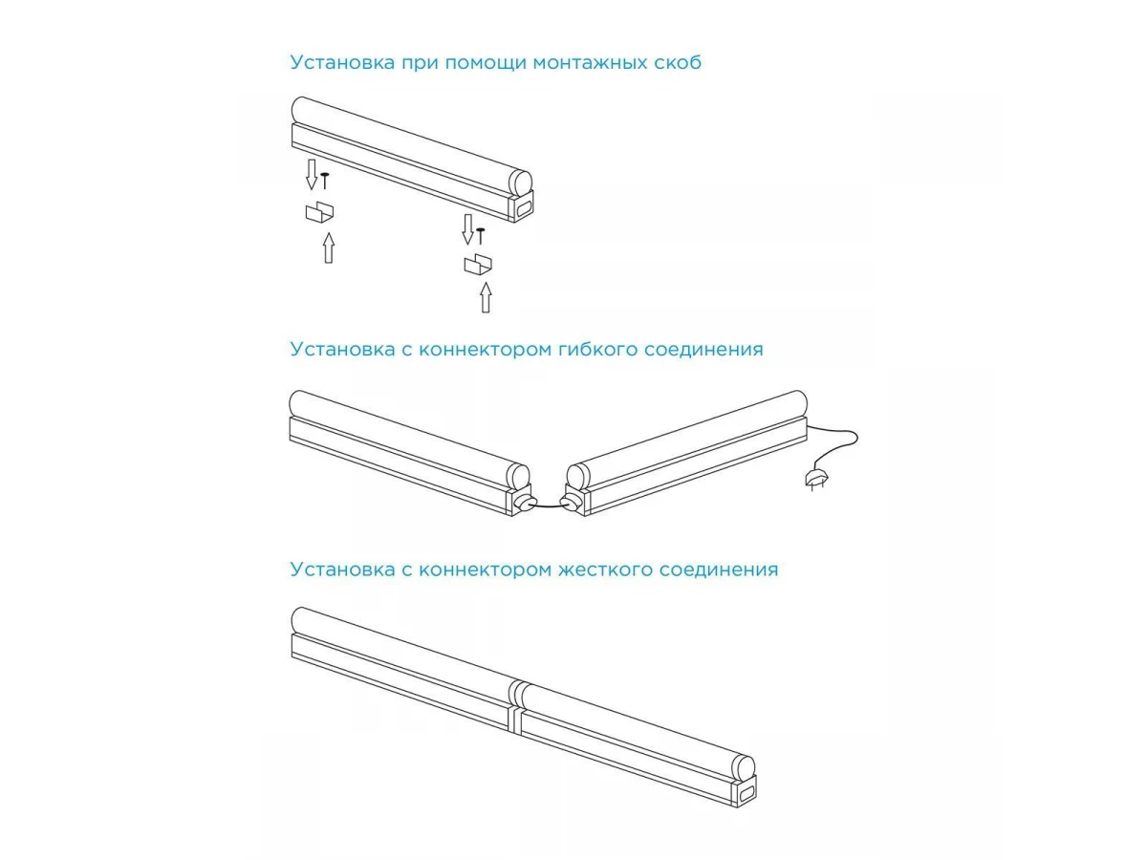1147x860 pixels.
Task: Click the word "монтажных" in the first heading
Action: (x=590, y=63)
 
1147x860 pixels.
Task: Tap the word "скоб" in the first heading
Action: (x=678, y=62)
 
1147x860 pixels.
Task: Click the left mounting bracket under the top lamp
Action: (x=319, y=212)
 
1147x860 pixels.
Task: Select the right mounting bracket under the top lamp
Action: (x=478, y=265)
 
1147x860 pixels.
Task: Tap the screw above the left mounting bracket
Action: (x=325, y=181)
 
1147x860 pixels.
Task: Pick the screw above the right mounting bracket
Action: (x=480, y=236)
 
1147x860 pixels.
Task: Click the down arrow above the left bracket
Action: (x=312, y=175)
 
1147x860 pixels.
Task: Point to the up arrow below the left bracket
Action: (x=328, y=248)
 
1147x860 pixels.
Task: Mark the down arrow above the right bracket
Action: (x=467, y=229)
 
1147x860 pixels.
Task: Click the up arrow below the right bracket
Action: (x=486, y=297)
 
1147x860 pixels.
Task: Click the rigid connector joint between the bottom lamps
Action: (x=515, y=705)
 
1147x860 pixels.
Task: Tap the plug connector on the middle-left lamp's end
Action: (x=524, y=503)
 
